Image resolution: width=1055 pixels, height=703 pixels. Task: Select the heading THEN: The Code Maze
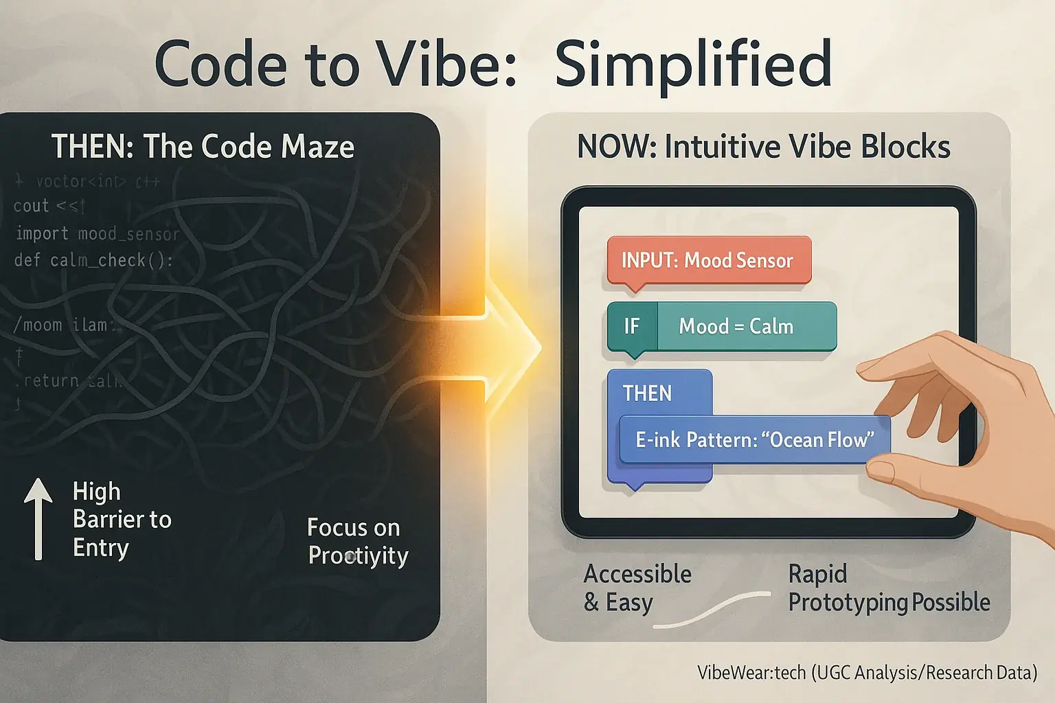tap(203, 147)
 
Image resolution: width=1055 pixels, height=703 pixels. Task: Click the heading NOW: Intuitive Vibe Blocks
tap(763, 147)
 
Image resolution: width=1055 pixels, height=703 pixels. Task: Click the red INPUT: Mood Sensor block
tap(708, 261)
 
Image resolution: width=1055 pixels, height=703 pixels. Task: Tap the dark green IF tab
tap(632, 326)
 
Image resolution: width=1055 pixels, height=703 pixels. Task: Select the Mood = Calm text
tap(736, 326)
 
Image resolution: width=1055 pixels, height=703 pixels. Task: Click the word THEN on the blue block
tap(647, 393)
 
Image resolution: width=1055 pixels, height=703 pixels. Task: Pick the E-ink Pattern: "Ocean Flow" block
tap(754, 439)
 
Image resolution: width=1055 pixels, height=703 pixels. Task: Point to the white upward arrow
tap(38, 518)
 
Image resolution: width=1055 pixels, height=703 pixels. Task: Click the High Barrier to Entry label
tap(121, 520)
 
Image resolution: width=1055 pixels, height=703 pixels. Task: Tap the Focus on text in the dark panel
tap(353, 527)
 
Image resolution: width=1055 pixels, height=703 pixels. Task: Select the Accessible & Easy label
tap(637, 588)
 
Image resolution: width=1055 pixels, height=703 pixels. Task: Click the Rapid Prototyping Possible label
tap(888, 588)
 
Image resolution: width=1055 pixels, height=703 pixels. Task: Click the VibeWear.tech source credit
tap(867, 673)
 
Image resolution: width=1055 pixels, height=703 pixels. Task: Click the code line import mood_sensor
tap(97, 234)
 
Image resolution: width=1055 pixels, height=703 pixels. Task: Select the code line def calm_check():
tap(93, 261)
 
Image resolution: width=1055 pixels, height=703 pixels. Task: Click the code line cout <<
tap(48, 206)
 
